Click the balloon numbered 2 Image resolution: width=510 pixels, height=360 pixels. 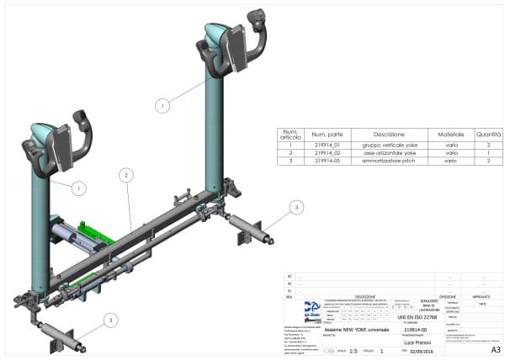[x=125, y=175]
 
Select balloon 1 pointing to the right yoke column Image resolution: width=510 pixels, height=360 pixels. [x=162, y=105]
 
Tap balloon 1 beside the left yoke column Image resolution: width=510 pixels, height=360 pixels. [x=78, y=188]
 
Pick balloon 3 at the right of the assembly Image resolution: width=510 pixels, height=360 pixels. [x=295, y=207]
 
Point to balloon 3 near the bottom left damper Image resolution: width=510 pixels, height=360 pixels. [x=111, y=320]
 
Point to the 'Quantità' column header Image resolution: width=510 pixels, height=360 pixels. [x=490, y=134]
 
